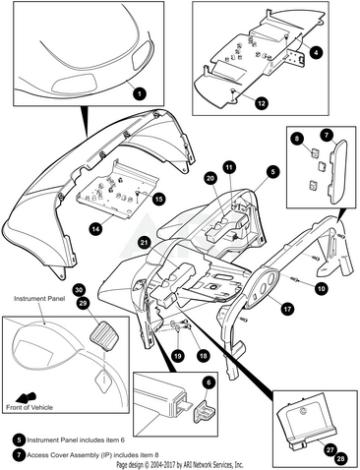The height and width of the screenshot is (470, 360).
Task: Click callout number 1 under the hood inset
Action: (x=140, y=93)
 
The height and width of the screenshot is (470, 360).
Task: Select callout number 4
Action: (x=316, y=52)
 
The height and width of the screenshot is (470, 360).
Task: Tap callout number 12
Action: (x=262, y=103)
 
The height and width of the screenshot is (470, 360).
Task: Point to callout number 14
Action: (x=95, y=228)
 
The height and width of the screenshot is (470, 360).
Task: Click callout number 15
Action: (x=158, y=200)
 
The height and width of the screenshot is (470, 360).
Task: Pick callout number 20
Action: (x=210, y=178)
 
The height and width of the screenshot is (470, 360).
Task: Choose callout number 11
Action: (x=229, y=167)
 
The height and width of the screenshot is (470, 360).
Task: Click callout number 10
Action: (x=322, y=288)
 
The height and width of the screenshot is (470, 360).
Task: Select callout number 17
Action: (x=287, y=309)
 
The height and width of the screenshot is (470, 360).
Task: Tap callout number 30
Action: (x=79, y=290)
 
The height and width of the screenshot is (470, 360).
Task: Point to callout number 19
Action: (x=177, y=356)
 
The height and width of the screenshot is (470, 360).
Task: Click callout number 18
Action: (x=204, y=355)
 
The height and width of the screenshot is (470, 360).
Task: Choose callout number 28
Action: (x=341, y=458)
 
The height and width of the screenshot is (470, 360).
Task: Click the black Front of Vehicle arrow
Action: (x=27, y=397)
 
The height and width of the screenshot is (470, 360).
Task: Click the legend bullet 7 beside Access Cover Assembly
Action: (x=20, y=455)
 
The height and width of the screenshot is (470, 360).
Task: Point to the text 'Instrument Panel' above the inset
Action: (x=39, y=299)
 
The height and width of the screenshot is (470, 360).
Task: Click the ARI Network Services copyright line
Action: (x=180, y=465)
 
